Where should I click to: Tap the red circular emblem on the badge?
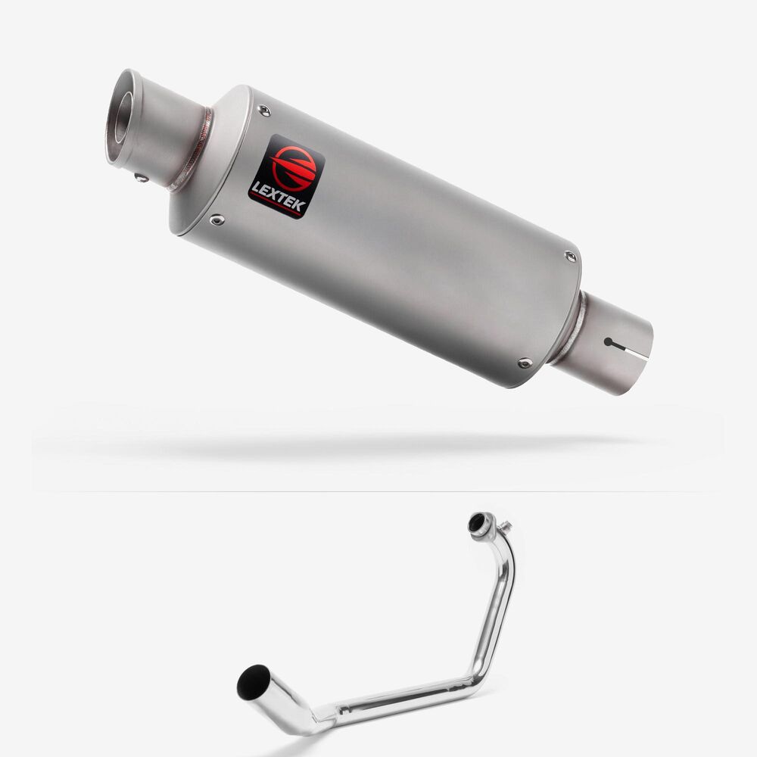point(294,167)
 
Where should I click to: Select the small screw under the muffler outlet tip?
point(142,178)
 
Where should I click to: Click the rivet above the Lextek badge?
point(264,111)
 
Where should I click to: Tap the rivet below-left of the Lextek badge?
point(217,220)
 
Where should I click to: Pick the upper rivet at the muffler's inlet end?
point(570,257)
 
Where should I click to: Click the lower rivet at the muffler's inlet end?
point(525,363)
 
